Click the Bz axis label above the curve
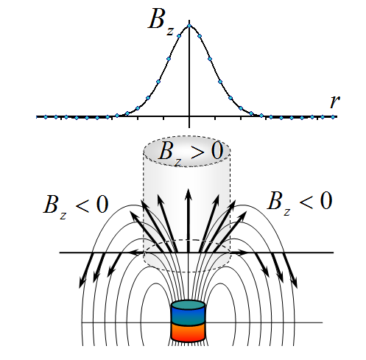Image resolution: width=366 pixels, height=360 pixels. click(161, 21)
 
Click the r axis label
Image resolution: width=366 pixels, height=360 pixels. click(334, 101)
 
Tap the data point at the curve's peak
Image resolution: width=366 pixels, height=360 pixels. click(189, 26)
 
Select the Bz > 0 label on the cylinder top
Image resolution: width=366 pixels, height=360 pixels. click(191, 152)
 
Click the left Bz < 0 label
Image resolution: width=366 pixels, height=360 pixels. click(76, 205)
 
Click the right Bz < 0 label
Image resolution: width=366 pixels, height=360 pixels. click(300, 202)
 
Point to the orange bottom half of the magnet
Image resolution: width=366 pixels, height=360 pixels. click(188, 332)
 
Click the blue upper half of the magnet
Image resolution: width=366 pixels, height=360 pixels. click(188, 316)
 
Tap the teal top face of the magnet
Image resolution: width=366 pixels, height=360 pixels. click(188, 305)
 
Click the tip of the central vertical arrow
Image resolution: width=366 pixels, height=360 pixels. click(189, 188)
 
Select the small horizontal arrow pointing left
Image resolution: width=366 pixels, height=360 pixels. click(136, 253)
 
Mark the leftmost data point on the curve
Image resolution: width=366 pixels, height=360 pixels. click(46, 117)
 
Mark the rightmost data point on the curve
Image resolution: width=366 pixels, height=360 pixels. click(333, 117)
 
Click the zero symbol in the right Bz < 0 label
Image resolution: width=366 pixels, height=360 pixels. click(325, 200)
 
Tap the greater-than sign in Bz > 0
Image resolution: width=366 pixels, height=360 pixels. click(197, 152)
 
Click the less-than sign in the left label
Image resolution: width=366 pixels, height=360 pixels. click(82, 205)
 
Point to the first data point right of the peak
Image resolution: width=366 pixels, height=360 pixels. click(200, 36)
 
